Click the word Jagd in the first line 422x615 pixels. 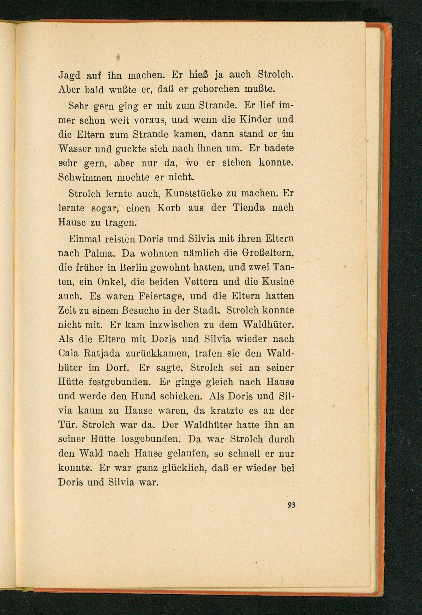69,76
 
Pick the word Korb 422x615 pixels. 169,208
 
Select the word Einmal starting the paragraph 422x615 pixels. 84,239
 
